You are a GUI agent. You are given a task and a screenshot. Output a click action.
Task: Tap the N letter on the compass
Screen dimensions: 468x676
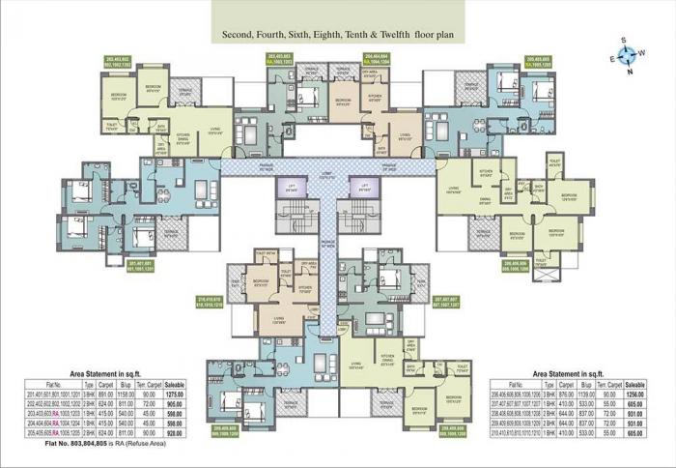click(x=630, y=73)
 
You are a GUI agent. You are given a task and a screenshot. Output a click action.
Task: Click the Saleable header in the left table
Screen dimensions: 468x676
click(x=175, y=385)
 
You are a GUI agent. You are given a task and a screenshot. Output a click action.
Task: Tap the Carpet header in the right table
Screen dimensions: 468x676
click(x=561, y=385)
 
